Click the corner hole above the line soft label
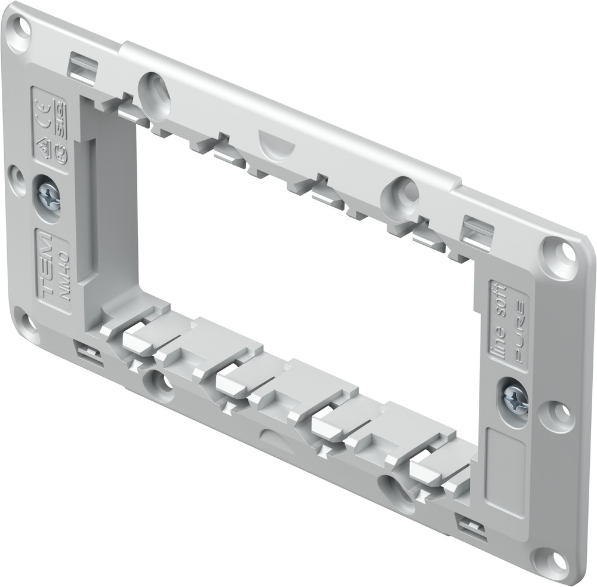[558, 250]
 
